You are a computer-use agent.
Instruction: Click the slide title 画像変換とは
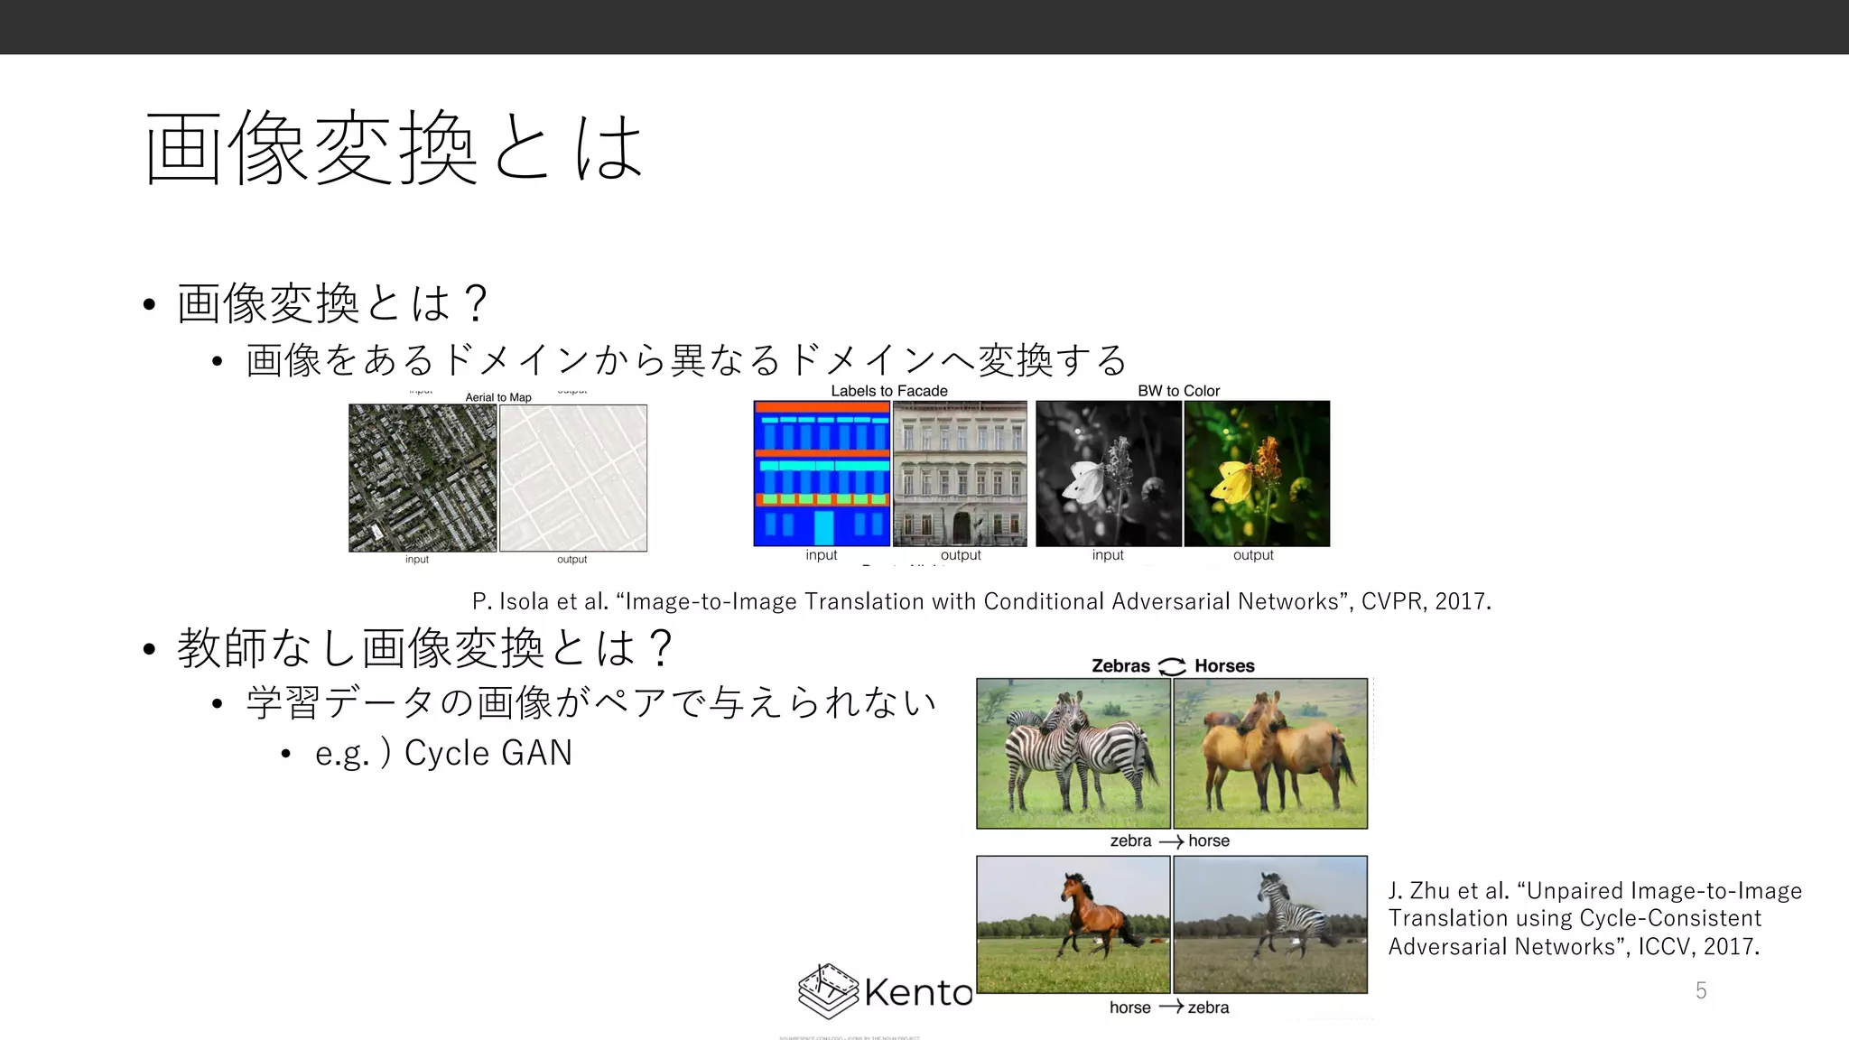pos(395,148)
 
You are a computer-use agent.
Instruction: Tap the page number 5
pos(1701,990)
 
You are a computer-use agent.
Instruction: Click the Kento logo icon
pos(828,991)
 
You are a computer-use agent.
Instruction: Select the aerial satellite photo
pos(423,478)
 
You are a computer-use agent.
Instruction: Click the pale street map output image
pos(573,478)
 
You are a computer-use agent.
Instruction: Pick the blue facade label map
pos(822,473)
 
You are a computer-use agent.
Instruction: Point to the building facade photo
pos(960,473)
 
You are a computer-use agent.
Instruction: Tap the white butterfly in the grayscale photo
pos(1083,481)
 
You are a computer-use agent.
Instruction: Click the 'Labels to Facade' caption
pos(889,391)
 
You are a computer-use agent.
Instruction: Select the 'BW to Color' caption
pos(1178,391)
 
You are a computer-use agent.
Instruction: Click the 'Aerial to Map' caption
pos(498,397)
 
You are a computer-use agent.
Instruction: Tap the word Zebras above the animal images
pos(1120,666)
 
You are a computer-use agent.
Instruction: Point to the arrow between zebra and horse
pos(1171,841)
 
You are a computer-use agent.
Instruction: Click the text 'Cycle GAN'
pos(488,753)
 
